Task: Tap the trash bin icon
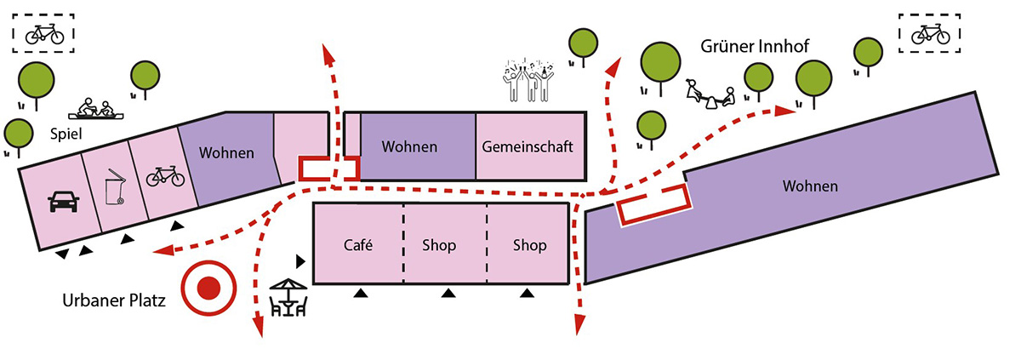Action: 112,189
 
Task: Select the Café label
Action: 358,245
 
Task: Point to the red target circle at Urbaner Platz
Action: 208,289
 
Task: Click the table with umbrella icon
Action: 288,298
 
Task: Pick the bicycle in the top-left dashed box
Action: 44,34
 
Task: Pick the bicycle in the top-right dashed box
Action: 930,34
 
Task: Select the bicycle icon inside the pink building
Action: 165,176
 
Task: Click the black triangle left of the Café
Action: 299,259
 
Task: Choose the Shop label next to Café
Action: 439,245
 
